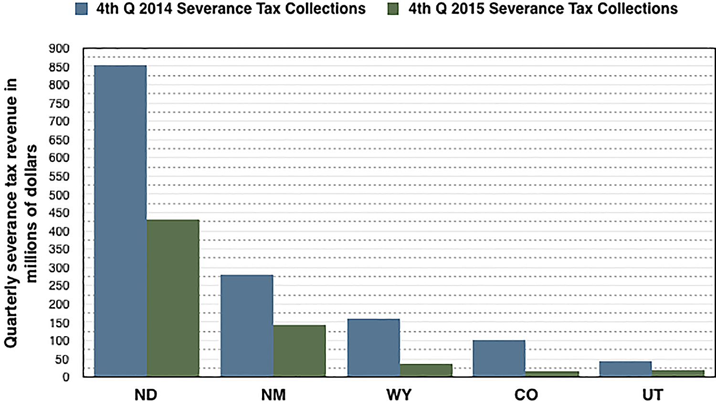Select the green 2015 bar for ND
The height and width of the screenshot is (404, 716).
pos(173,298)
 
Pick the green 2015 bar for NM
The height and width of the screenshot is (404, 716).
pos(299,351)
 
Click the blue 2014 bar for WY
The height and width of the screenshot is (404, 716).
pos(374,348)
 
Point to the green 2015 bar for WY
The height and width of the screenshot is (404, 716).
pos(426,370)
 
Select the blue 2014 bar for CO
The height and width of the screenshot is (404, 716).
pos(499,358)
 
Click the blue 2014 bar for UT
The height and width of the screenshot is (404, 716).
pos(625,369)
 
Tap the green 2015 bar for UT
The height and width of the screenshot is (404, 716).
pos(678,373)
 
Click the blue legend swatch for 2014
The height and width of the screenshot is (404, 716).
pos(82,9)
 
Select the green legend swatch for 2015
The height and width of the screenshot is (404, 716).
pos(393,9)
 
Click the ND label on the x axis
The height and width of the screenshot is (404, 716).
pos(146,395)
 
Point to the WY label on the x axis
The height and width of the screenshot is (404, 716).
pos(399,395)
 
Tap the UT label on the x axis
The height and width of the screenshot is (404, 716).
pos(653,395)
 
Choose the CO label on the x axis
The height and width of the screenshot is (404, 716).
pos(526,395)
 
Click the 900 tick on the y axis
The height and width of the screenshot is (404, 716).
pos(59,48)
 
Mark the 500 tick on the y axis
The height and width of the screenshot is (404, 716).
pos(59,195)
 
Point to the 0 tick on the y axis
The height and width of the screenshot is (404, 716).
pos(65,377)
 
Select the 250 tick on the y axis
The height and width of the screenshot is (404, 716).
pos(59,286)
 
